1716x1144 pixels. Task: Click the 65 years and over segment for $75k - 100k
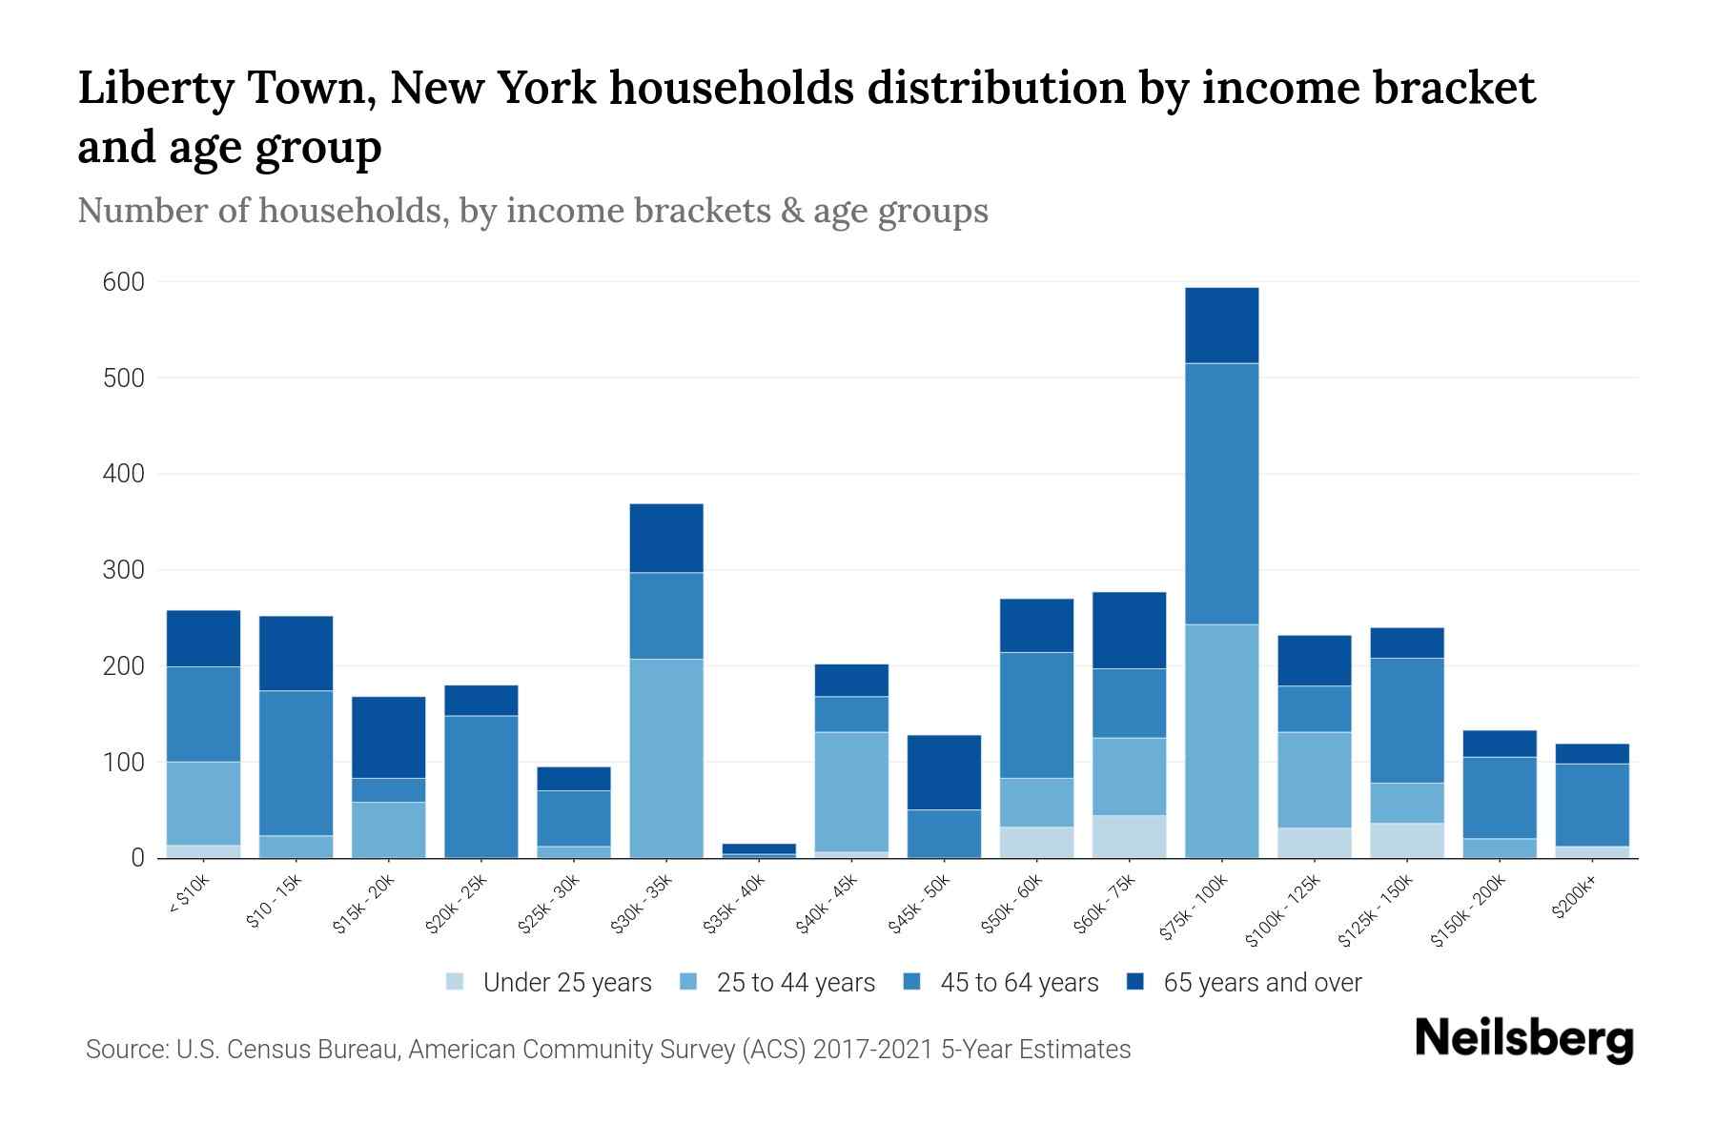(1221, 325)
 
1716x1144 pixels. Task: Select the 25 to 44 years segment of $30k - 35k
(666, 758)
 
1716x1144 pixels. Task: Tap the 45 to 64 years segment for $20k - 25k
(481, 786)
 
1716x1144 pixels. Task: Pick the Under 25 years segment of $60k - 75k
(1129, 836)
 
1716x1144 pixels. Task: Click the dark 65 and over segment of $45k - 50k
(944, 772)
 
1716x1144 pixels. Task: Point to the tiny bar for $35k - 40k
(759, 849)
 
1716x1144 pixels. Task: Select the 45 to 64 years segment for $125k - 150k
(1406, 720)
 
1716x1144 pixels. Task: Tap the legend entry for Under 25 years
(549, 983)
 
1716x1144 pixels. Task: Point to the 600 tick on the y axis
(124, 282)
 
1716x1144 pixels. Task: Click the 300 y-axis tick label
(124, 570)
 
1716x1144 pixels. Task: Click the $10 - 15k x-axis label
(274, 903)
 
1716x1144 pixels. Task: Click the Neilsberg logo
(1523, 1039)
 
